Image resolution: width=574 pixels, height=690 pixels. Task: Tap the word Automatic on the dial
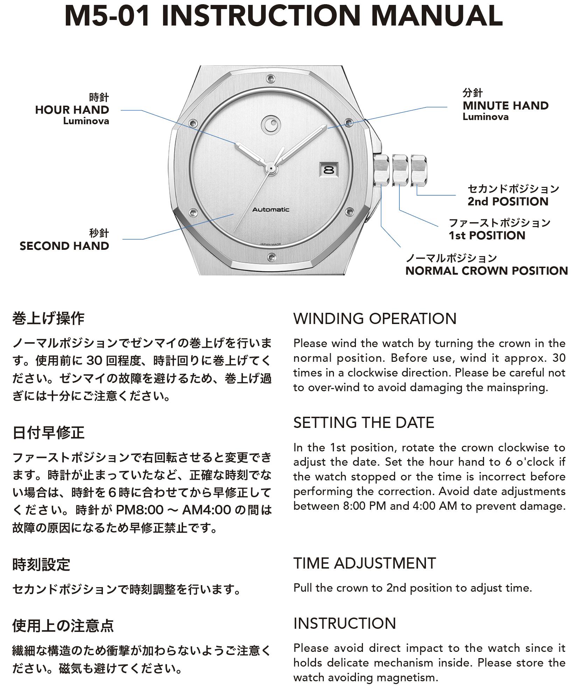pos(271,210)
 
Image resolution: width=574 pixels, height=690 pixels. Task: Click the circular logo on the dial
pos(270,124)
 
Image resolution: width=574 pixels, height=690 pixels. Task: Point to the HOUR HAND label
pos(72,110)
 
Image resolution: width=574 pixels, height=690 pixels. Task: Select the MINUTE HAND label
pos(505,106)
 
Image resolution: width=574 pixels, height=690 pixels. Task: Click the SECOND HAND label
pos(64,246)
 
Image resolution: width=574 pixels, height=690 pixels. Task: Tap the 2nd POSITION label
pos(508,202)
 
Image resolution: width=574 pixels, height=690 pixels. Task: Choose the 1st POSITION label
pos(487,235)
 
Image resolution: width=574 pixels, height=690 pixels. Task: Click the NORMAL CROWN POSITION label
pos(486,271)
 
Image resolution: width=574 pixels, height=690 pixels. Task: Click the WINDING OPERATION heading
pos(374,319)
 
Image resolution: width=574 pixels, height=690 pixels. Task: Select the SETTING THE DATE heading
pos(363,423)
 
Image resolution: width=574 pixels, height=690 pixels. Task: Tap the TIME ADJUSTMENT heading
pos(364,563)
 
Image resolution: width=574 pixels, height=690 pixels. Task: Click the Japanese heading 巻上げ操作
pos(48,319)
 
